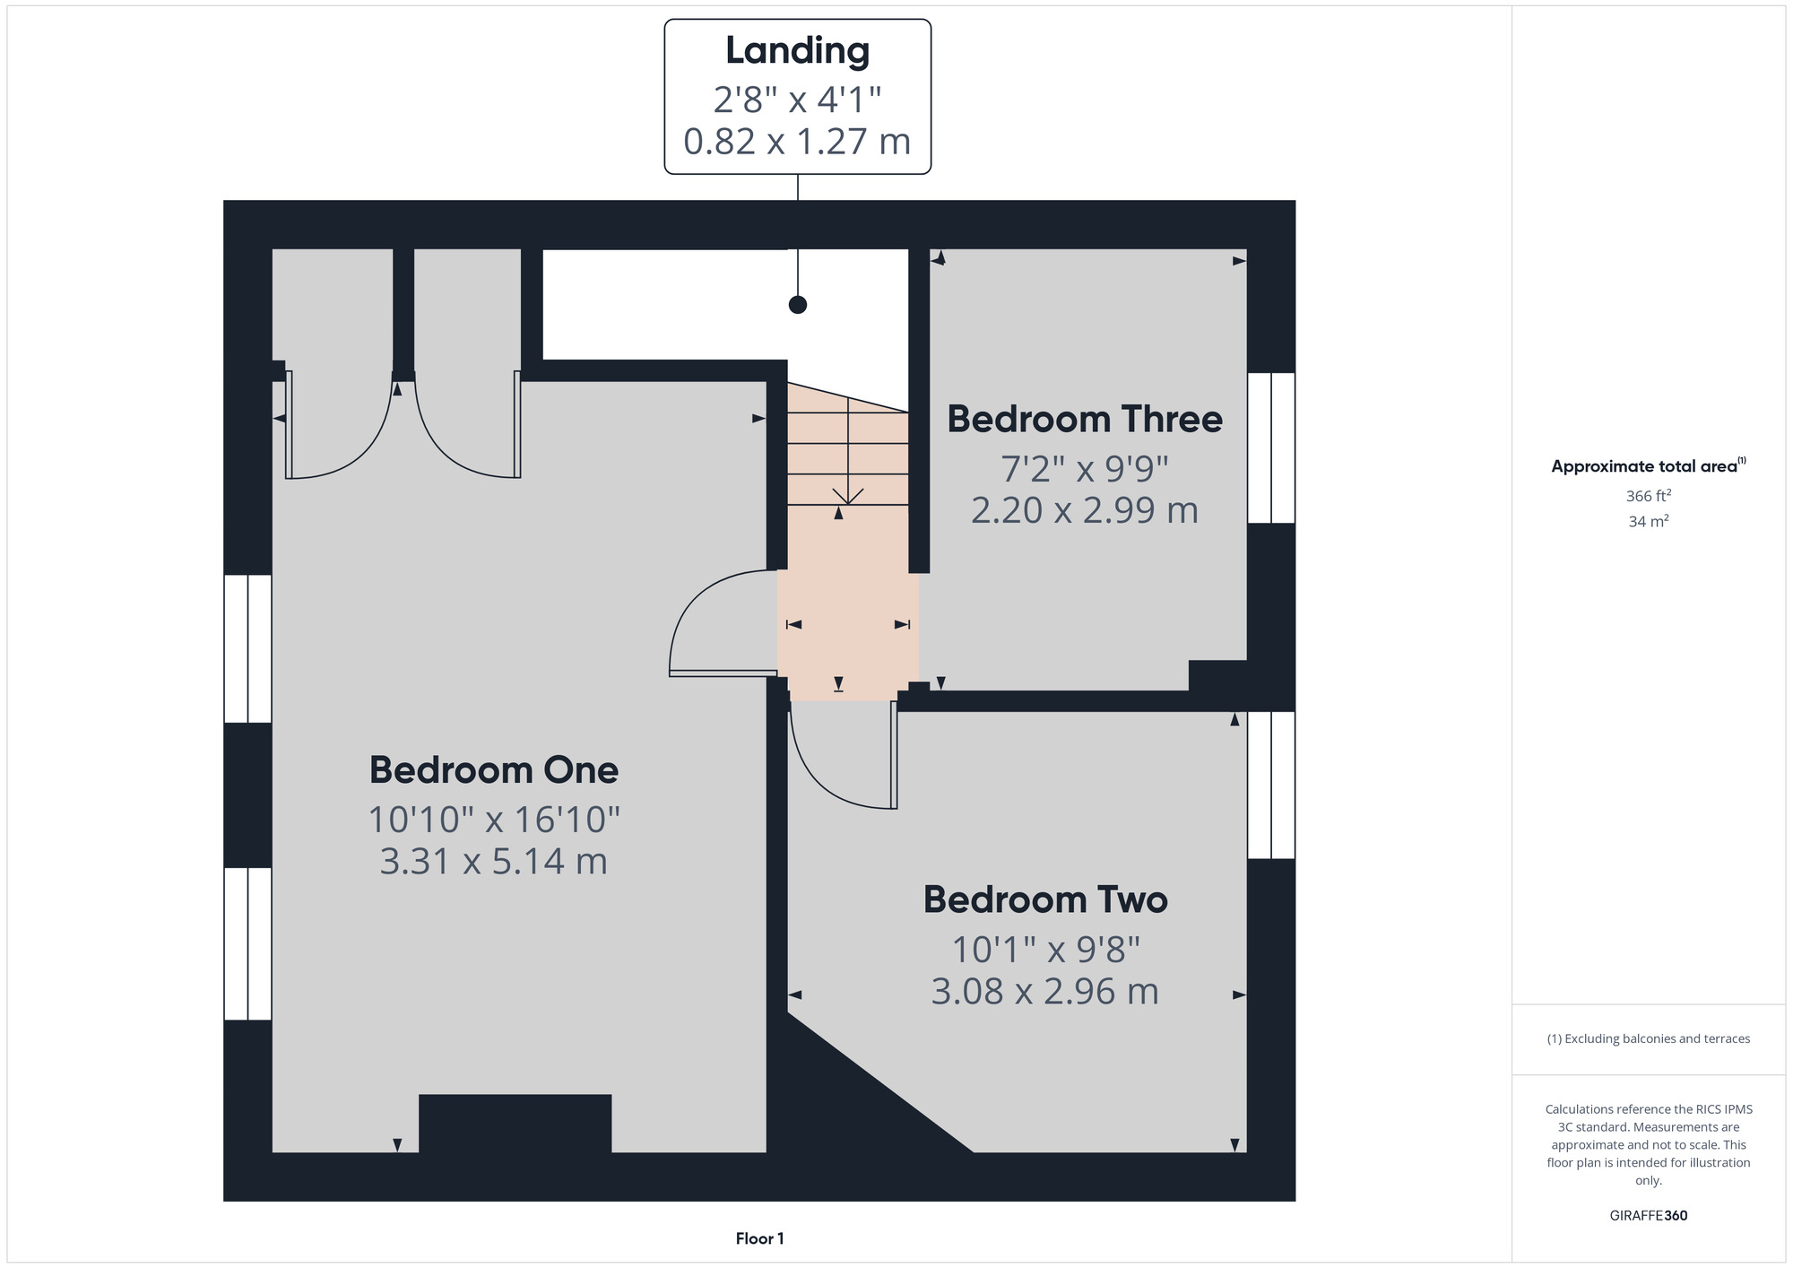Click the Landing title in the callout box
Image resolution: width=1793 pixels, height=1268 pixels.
point(797,51)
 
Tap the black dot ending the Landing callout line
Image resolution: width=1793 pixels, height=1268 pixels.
point(798,305)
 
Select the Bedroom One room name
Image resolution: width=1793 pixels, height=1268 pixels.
point(494,770)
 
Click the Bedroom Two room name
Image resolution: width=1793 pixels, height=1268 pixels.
point(1045,899)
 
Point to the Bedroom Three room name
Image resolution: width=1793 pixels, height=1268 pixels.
point(1085,419)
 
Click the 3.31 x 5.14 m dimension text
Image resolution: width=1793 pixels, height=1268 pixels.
point(494,861)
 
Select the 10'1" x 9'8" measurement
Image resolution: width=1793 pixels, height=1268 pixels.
point(1045,948)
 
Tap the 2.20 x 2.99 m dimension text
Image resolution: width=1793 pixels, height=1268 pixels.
point(1085,510)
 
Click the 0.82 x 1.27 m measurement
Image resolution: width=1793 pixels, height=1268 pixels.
point(797,142)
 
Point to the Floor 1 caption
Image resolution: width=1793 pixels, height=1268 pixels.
point(759,1238)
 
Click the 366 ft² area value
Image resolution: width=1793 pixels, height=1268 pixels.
point(1649,496)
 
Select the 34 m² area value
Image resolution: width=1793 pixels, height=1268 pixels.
point(1649,521)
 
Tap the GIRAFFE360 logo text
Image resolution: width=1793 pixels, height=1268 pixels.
point(1649,1216)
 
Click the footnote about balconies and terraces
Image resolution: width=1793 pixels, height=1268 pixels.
point(1649,1038)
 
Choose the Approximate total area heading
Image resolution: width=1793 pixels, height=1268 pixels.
point(1649,465)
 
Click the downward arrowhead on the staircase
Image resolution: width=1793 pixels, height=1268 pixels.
point(848,496)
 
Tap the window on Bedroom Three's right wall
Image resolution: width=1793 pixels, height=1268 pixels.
point(1271,447)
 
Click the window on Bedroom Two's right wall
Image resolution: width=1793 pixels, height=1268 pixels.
point(1271,785)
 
